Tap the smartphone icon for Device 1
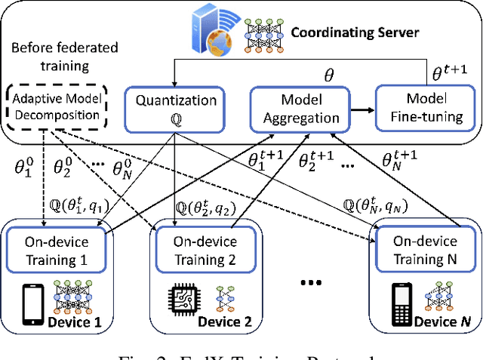click(x=32, y=303)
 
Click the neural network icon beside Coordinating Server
click(x=262, y=32)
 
